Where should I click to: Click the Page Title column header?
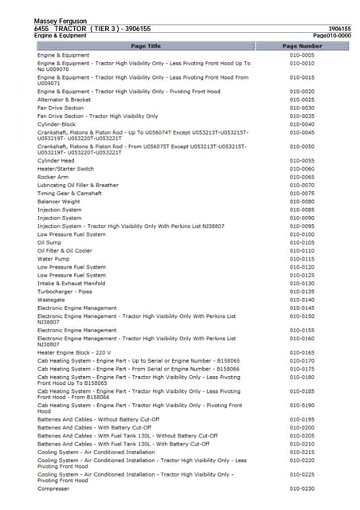[145, 46]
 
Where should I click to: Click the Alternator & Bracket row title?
[65, 100]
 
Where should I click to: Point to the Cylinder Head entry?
[56, 160]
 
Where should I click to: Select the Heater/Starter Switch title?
[65, 169]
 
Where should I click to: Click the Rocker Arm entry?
[53, 177]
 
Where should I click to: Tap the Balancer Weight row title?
[59, 202]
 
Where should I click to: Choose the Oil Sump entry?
[50, 242]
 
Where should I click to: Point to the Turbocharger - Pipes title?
[65, 292]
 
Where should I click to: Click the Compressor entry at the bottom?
[54, 488]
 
